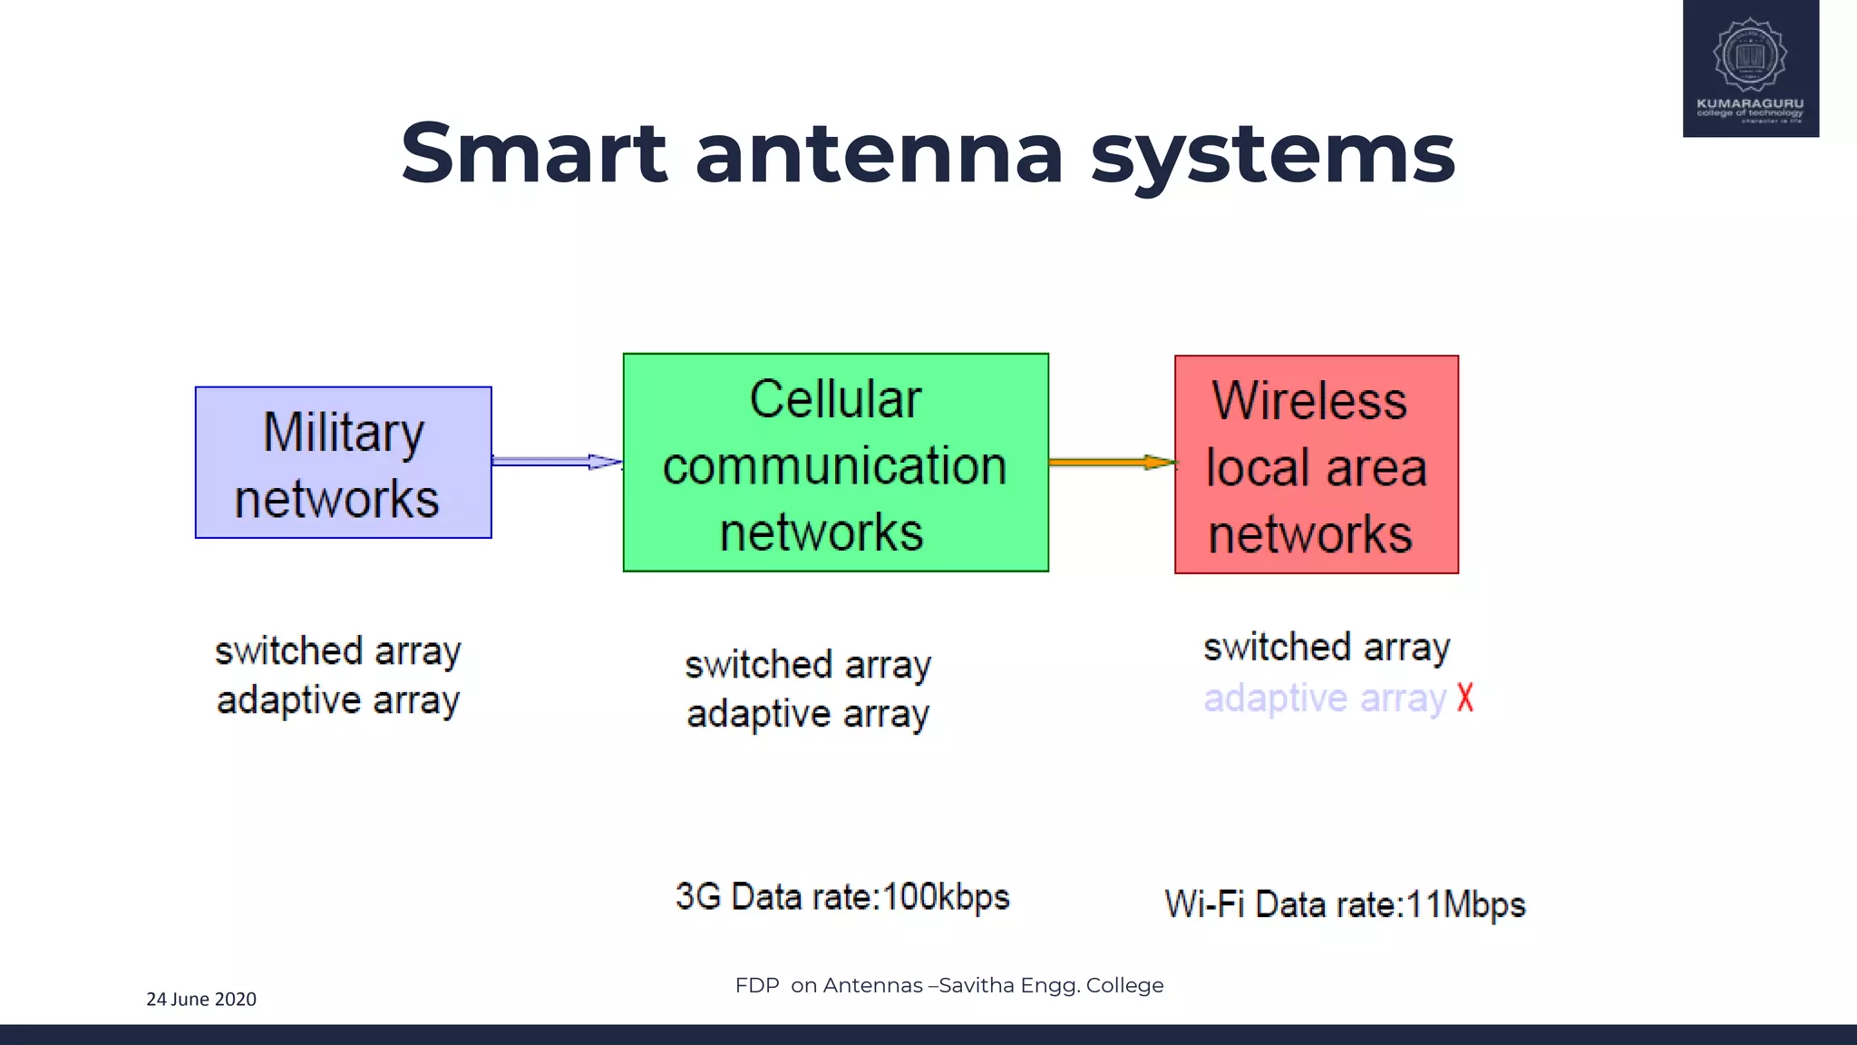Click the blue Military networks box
[x=343, y=463]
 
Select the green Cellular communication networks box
[x=835, y=463]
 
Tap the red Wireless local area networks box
[x=1316, y=464]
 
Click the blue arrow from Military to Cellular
[x=555, y=462]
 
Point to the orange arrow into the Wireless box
[x=1111, y=463]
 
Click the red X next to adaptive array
[x=1465, y=698]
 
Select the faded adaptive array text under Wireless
[x=1324, y=698]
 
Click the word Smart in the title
[x=533, y=154]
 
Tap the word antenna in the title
[x=878, y=154]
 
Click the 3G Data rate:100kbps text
[x=842, y=897]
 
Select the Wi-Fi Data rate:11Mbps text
[x=1345, y=904]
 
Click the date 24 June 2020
[x=201, y=999]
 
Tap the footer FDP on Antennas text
[x=948, y=985]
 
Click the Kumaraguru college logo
[x=1750, y=68]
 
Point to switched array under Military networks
[x=337, y=651]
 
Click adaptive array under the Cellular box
[x=807, y=714]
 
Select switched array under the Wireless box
[x=1326, y=648]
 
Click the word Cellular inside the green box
[x=835, y=399]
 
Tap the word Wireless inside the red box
[x=1309, y=401]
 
